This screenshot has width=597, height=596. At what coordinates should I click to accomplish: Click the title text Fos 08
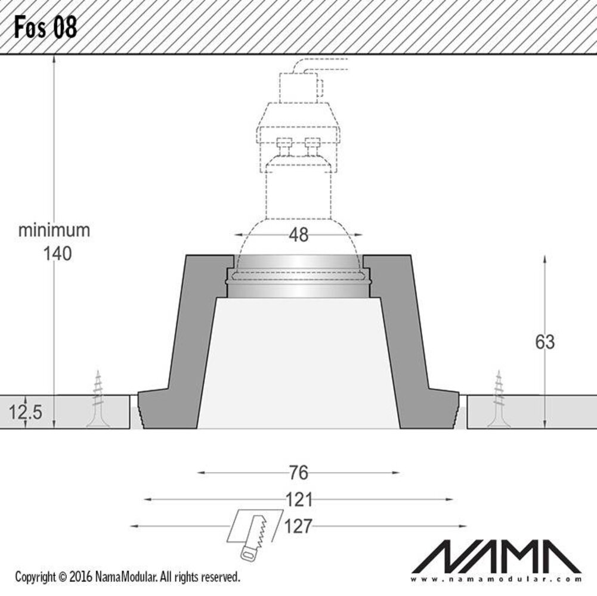point(46,27)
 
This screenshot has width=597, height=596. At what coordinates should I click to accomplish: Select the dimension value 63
point(545,342)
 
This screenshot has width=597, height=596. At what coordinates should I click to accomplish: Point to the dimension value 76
point(298,473)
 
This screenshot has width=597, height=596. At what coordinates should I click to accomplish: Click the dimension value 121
point(298,499)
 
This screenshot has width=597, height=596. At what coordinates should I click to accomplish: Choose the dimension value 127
point(298,526)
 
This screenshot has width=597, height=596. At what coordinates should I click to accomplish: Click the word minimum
point(54,231)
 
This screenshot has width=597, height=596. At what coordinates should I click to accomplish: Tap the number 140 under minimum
point(57,254)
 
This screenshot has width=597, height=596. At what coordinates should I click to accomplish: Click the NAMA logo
point(496,556)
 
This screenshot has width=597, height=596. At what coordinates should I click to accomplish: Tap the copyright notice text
point(128,577)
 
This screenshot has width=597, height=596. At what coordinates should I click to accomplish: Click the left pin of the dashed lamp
point(284,145)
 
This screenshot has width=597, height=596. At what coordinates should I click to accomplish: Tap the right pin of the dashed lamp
point(312,145)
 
